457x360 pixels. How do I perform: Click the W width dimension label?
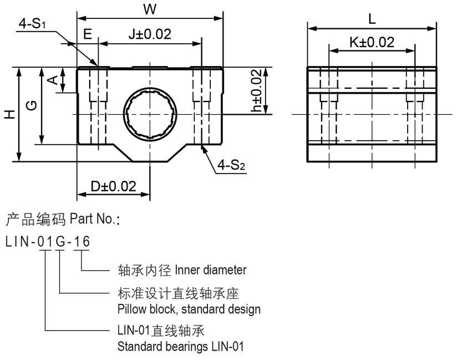tap(149, 9)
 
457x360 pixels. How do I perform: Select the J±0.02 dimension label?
tap(149, 34)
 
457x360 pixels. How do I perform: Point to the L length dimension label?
tap(372, 18)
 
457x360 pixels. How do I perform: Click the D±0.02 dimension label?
tap(113, 186)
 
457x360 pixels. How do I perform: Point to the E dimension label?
tap(87, 34)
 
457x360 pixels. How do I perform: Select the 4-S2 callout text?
tap(231, 165)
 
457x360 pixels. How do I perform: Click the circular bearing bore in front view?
tap(150, 114)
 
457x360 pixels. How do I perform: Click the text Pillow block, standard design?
tap(189, 309)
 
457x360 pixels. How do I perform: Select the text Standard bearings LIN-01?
tap(181, 348)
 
